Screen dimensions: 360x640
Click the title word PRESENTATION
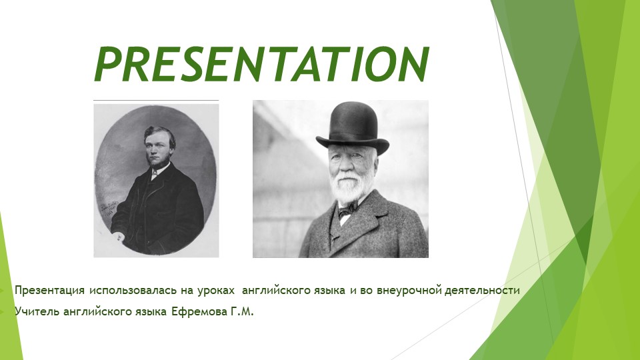[261, 64]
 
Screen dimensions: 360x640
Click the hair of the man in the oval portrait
[159, 135]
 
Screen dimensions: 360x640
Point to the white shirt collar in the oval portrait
[155, 171]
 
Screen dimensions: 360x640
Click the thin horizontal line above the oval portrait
[155, 101]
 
